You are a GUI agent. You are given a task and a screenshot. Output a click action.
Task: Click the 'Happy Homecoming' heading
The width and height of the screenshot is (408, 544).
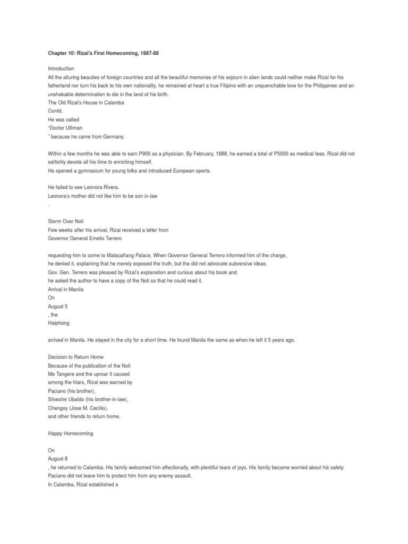(x=70, y=433)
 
